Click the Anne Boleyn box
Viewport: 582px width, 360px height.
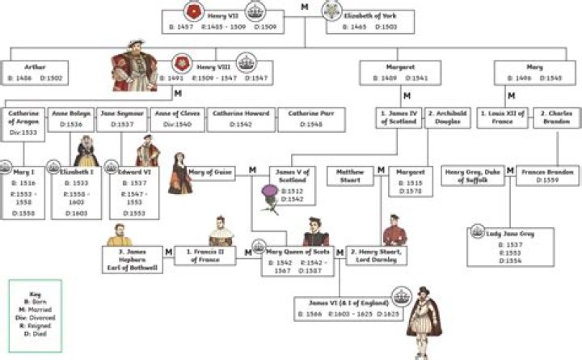tap(70, 120)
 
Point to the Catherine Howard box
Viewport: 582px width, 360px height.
tap(242, 120)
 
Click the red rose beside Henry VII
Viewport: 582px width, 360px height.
tap(192, 11)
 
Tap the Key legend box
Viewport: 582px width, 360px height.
tap(35, 307)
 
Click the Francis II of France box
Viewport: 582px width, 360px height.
tap(205, 255)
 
